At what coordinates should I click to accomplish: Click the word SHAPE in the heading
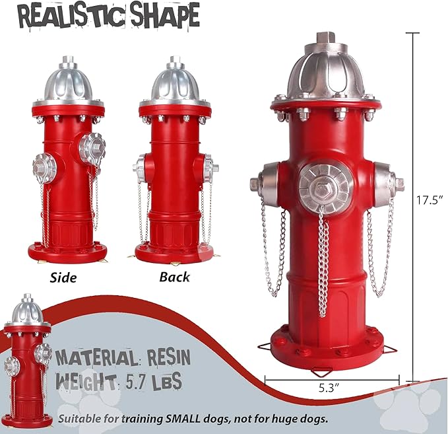158,16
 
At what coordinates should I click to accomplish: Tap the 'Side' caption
63,277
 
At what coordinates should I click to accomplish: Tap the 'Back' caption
174,277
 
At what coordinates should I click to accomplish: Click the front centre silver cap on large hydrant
323,186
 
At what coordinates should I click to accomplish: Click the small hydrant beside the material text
28,357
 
